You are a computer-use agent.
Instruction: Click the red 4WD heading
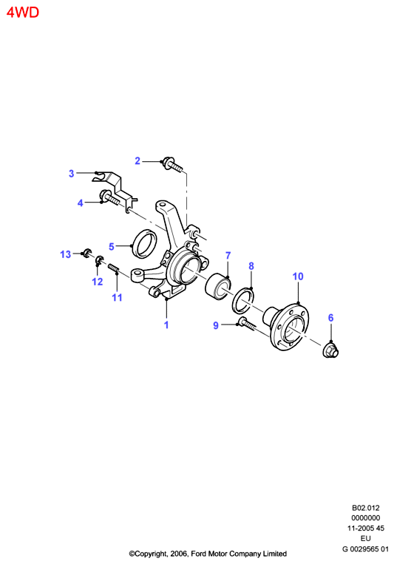[x=23, y=13]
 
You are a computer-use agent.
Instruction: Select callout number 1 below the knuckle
[x=166, y=325]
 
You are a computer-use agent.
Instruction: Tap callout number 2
[x=137, y=161]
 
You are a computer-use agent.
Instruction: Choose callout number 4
[x=81, y=203]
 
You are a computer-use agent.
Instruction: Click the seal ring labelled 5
[x=145, y=243]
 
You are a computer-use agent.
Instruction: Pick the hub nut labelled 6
[x=330, y=350]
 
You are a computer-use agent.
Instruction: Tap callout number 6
[x=330, y=318]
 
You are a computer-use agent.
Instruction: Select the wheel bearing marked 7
[x=217, y=286]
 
